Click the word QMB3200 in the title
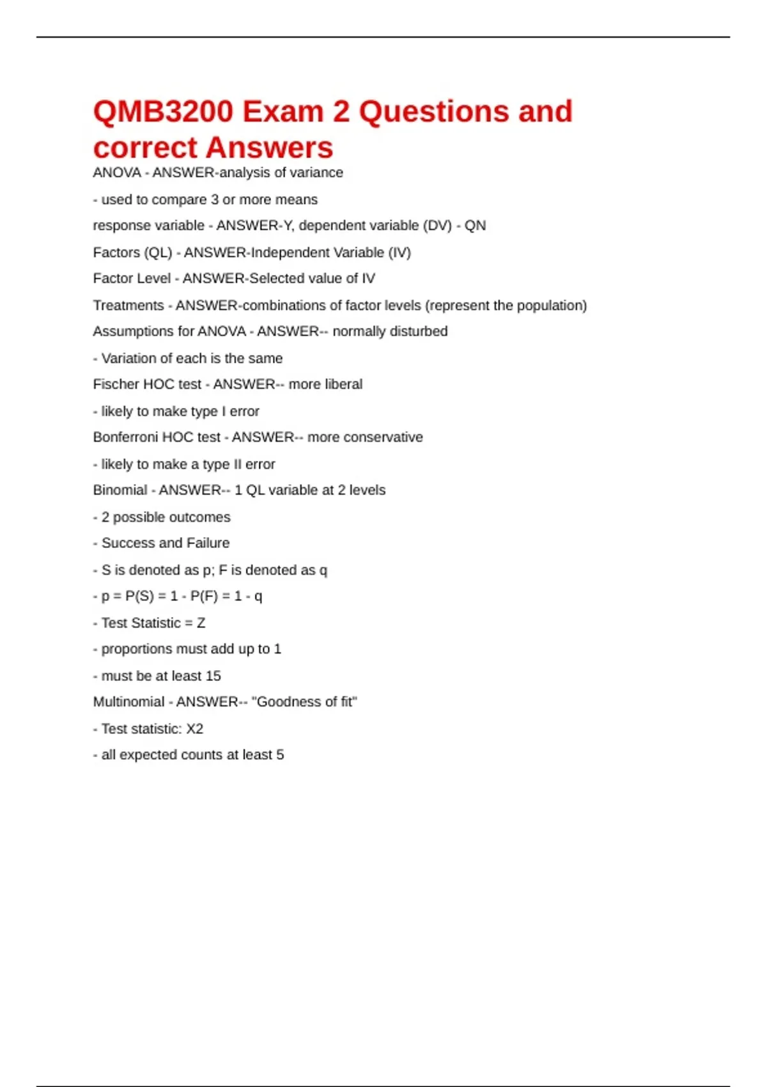(x=163, y=112)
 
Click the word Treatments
(x=128, y=306)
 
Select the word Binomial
(x=120, y=490)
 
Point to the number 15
(x=213, y=676)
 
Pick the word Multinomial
(x=128, y=702)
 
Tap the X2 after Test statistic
(x=194, y=729)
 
